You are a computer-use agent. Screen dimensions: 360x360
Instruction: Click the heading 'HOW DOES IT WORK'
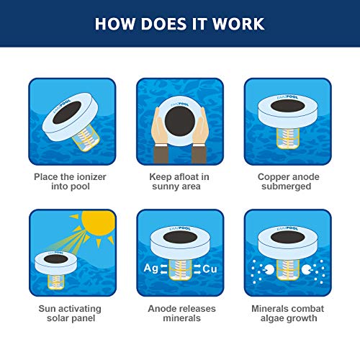tap(179, 24)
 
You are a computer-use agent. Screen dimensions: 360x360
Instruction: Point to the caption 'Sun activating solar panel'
tap(71, 313)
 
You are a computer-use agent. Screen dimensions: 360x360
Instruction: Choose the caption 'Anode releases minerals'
tap(179, 313)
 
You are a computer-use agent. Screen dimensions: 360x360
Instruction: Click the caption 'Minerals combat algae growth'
tap(287, 313)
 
